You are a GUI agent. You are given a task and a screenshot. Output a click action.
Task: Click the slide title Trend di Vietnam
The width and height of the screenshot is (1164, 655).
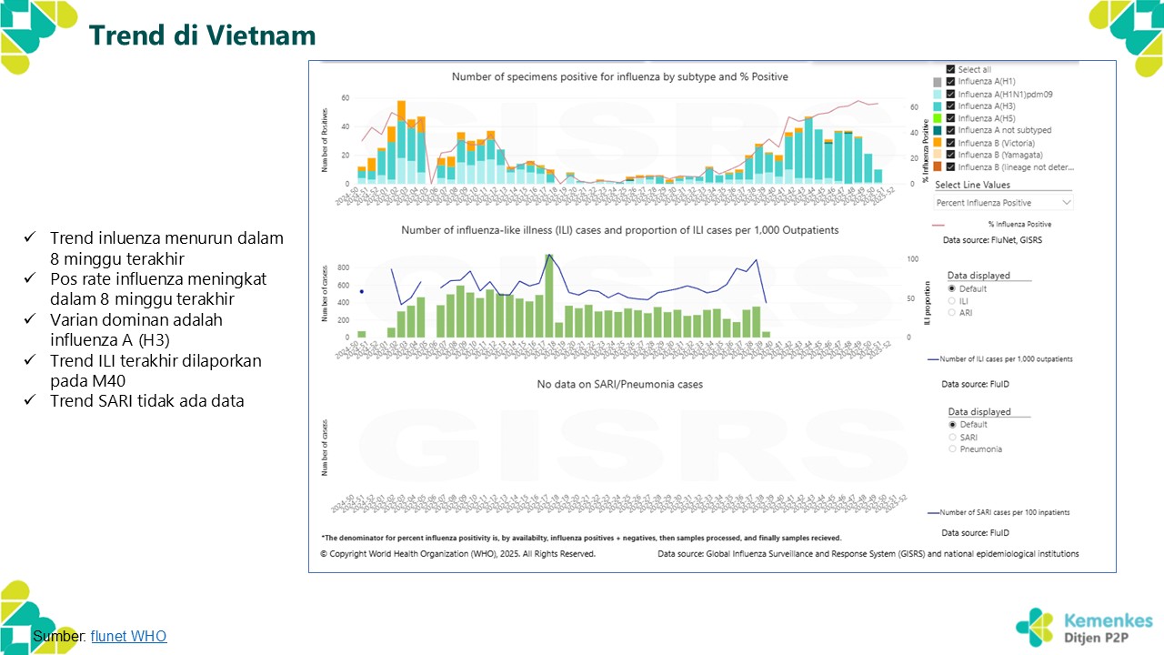[202, 35]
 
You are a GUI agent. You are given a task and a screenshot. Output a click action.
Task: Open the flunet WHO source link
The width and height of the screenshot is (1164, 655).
[128, 637]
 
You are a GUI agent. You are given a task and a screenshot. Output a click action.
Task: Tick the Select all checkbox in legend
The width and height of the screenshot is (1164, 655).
[950, 70]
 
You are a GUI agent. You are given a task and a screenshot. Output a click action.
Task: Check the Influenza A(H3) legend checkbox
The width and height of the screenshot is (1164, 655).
[950, 106]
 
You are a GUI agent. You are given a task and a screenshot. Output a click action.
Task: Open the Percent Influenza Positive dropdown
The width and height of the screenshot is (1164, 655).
[1003, 202]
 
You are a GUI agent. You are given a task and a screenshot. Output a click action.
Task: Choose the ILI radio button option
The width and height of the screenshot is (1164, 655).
[952, 300]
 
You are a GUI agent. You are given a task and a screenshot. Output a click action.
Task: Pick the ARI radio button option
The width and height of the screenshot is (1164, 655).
[952, 312]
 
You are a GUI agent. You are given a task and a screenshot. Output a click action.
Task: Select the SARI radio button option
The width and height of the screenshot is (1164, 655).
[952, 438]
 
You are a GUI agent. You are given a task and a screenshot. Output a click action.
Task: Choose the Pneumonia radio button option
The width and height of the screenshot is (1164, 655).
[952, 449]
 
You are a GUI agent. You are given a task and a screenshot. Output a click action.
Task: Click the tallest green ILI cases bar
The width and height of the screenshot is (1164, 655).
[548, 296]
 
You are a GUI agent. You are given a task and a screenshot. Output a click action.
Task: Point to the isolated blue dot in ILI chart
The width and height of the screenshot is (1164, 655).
[362, 292]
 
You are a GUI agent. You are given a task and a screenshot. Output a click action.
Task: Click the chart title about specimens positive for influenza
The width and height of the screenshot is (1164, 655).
[619, 77]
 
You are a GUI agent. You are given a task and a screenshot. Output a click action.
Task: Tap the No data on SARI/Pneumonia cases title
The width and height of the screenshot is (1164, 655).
[619, 385]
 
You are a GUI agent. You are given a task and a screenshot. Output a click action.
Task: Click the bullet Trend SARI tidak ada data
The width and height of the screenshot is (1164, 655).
[146, 400]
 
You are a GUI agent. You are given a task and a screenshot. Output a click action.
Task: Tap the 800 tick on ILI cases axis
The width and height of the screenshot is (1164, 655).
[343, 267]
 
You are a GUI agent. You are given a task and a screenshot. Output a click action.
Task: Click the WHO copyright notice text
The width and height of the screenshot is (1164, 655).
[457, 553]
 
